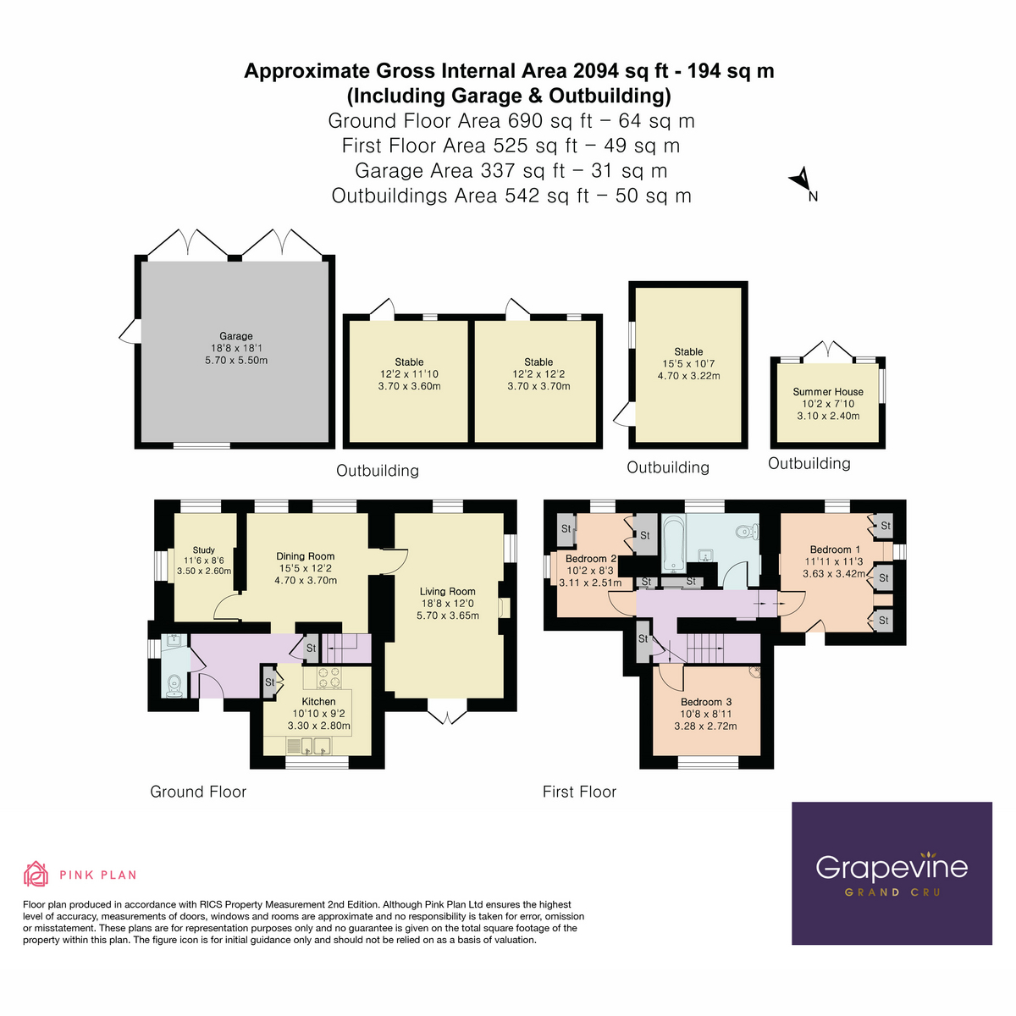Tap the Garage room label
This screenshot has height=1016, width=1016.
point(236,336)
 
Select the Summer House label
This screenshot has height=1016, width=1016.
point(828,392)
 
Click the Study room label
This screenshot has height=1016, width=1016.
point(203,549)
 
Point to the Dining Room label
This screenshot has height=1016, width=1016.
point(306,556)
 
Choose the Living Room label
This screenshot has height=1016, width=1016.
point(447,592)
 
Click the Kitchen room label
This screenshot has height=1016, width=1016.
point(318,701)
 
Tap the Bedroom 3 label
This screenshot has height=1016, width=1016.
point(706,702)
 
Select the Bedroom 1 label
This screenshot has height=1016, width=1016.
point(834,549)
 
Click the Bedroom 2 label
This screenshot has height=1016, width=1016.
point(590,559)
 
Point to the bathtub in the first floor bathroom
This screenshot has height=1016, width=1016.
point(673,543)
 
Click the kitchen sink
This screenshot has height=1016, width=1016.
point(312,746)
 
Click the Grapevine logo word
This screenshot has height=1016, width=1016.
point(892,867)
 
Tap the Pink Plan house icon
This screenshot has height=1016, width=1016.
point(36,874)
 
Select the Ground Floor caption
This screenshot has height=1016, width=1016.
point(198,792)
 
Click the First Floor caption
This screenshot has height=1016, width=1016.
point(579,792)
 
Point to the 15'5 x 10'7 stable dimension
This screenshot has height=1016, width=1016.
point(688,363)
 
